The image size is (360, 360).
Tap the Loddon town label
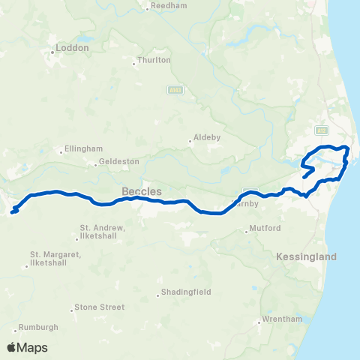(74, 47)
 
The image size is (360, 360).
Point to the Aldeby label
(205, 138)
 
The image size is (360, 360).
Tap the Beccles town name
(142, 191)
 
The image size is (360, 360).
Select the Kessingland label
(306, 256)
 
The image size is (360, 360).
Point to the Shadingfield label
(187, 292)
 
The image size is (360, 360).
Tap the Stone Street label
(99, 307)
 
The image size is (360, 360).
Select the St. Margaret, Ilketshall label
(55, 258)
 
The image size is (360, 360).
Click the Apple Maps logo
(27, 347)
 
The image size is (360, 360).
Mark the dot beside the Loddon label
(52, 52)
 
